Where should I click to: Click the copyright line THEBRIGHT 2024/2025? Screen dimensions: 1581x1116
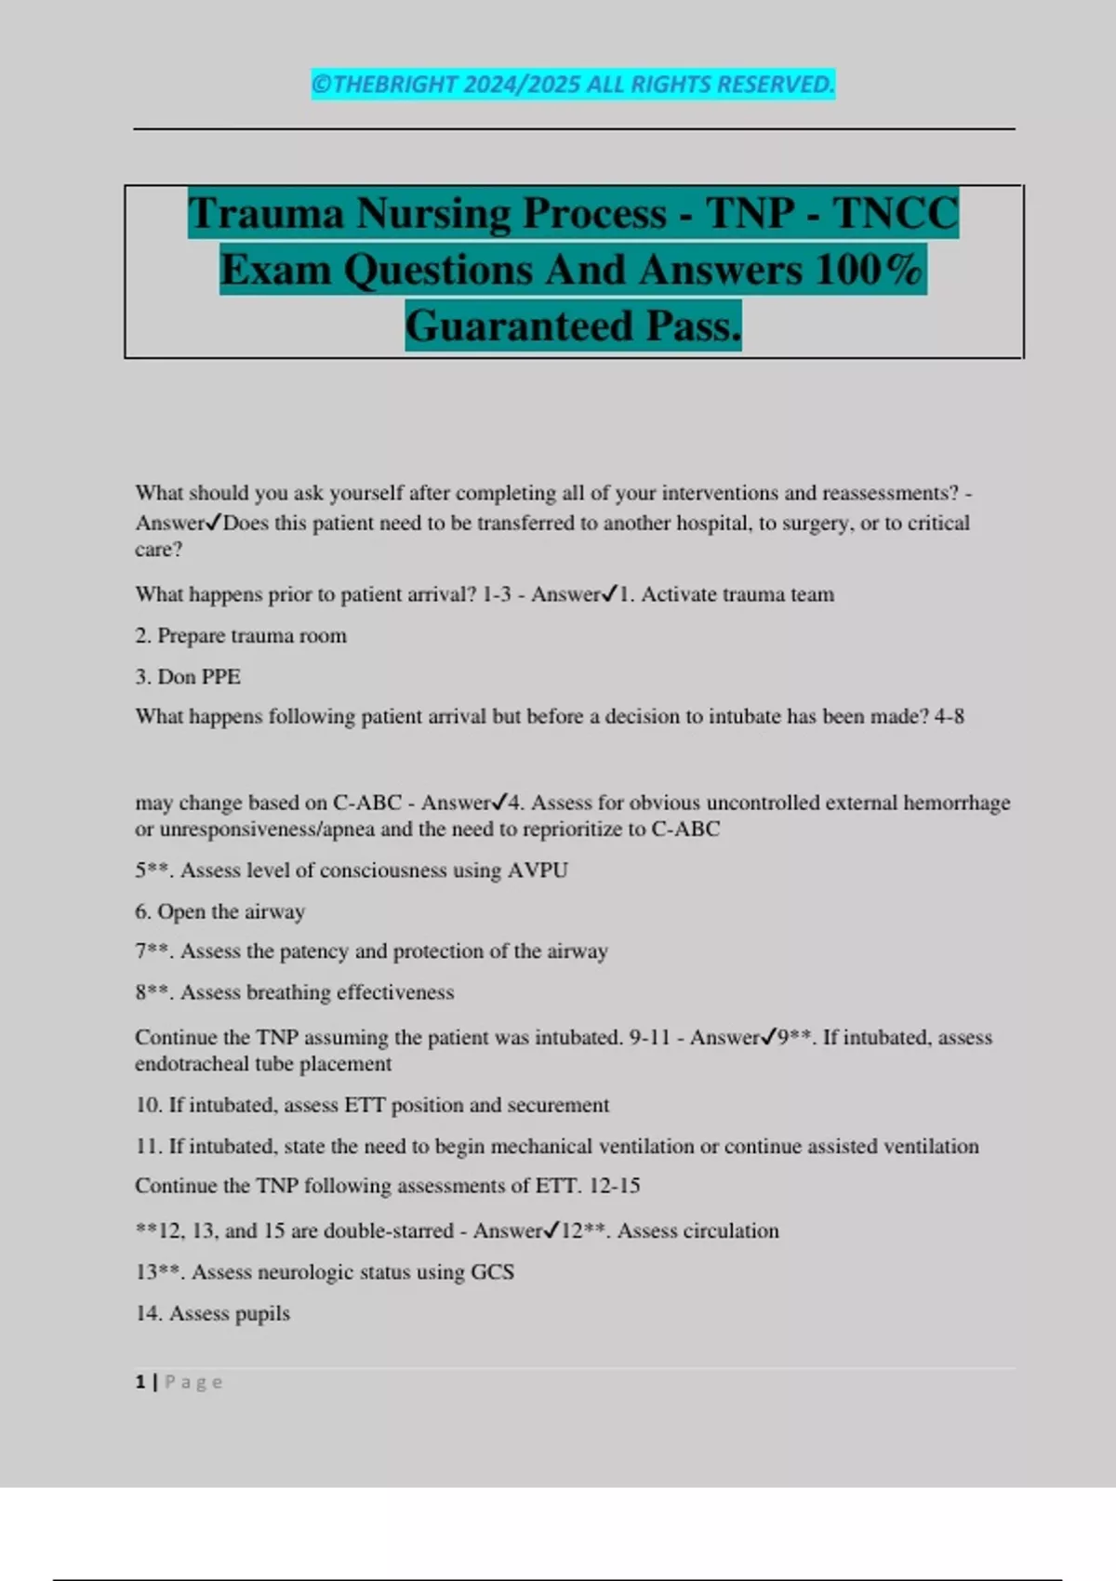pos(573,85)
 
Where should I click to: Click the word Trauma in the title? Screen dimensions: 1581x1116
pos(266,214)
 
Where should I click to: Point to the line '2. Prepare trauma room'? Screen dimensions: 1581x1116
pos(241,636)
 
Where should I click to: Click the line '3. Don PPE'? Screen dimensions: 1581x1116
pos(188,677)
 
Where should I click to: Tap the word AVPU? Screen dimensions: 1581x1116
pos(538,870)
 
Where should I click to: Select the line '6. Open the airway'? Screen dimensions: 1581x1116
pos(220,911)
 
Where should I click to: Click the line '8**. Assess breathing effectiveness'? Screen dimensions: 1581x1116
pos(295,992)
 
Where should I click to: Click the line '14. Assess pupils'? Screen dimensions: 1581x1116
pos(213,1313)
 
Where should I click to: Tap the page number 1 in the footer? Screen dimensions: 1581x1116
pos(140,1382)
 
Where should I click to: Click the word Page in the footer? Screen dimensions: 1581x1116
pos(193,1382)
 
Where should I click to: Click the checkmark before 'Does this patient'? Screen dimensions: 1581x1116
pos(214,523)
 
